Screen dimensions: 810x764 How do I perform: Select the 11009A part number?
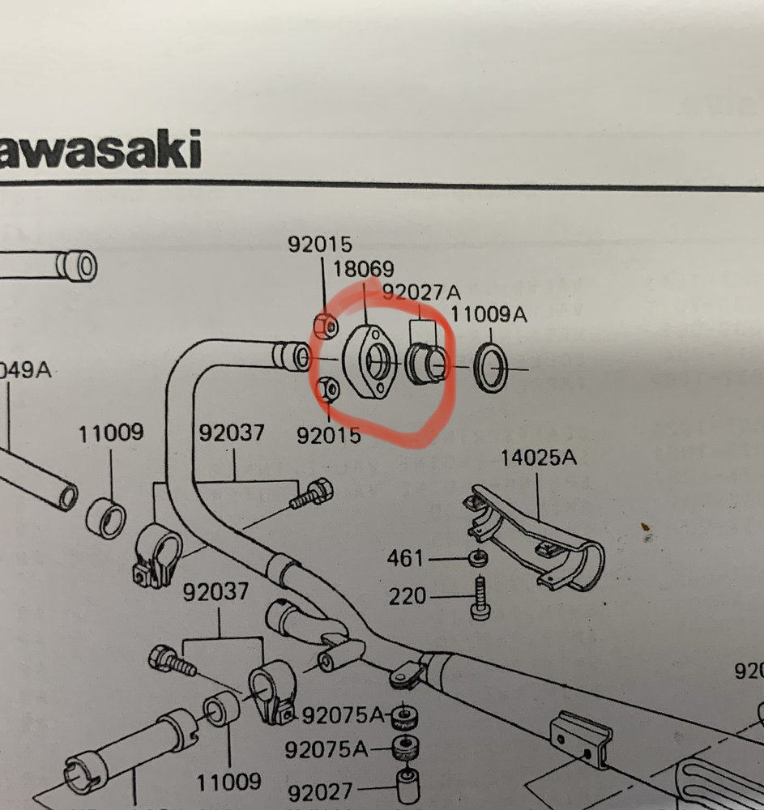489,314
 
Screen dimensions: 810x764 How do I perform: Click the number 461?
406,558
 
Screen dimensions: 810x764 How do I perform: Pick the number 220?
408,597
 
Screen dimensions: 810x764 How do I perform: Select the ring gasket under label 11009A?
489,366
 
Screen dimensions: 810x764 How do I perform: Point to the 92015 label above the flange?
319,244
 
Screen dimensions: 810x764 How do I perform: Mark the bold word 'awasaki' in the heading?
100,151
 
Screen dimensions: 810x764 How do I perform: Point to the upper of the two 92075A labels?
343,715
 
